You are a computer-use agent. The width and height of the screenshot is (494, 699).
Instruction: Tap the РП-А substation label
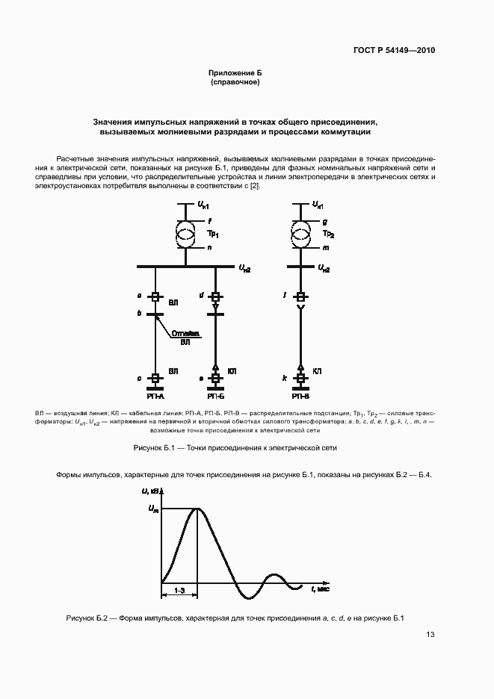155,397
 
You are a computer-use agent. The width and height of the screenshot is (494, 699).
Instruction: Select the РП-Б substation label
214,397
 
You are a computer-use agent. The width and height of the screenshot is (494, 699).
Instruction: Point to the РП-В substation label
300,397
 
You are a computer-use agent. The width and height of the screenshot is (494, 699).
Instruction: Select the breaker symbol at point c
155,379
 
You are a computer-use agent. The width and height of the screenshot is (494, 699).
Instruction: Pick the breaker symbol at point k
300,379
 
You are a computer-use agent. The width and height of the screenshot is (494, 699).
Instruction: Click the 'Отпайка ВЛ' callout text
185,338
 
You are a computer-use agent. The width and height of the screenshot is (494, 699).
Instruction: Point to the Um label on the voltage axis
154,509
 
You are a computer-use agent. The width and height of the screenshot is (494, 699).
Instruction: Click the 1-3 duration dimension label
179,589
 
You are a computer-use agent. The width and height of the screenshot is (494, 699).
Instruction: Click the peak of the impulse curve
197,509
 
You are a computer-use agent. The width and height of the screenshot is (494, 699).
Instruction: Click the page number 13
430,635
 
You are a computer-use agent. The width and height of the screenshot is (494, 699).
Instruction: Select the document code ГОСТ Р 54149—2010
394,51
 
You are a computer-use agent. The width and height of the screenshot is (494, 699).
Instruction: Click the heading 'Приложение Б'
235,72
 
